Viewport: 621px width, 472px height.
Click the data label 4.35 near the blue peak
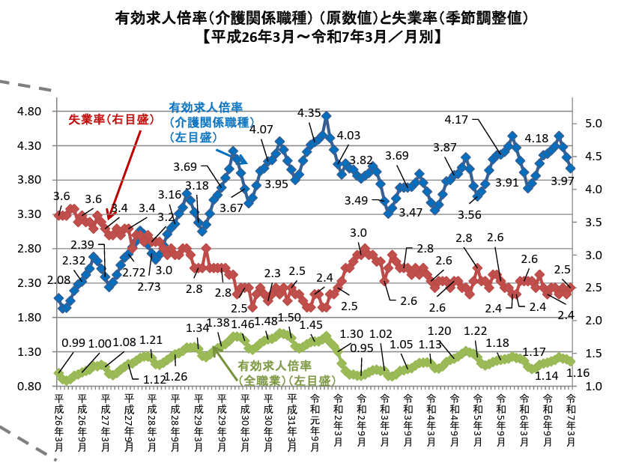[309, 113]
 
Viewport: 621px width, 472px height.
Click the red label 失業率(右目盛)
[109, 119]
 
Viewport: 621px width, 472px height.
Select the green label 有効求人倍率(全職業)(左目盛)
[287, 373]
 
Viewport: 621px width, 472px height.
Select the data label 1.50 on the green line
[289, 318]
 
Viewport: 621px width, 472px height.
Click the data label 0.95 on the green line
[362, 348]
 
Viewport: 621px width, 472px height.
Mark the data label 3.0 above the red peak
[358, 233]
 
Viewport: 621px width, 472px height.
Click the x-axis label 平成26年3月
[59, 421]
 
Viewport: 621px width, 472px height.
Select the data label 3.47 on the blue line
[411, 212]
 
